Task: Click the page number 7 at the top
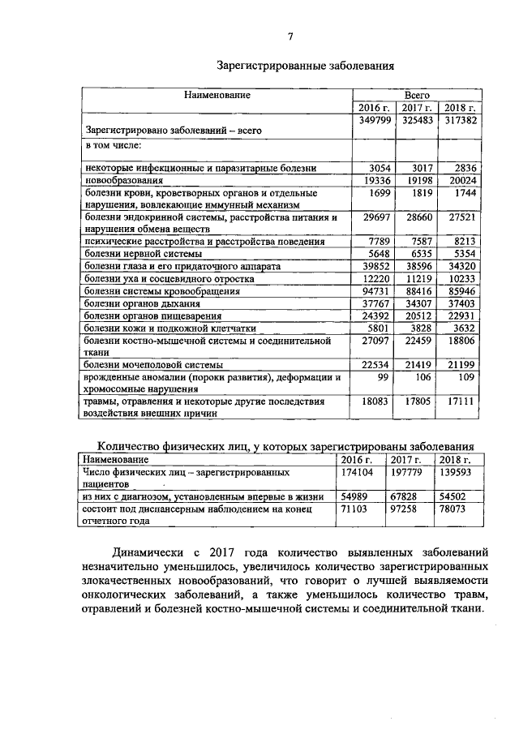click(x=290, y=35)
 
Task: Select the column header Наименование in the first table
click(x=217, y=95)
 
